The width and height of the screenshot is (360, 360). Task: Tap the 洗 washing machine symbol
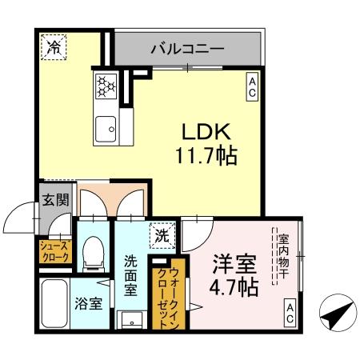(162, 236)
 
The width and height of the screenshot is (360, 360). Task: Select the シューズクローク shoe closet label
(54, 252)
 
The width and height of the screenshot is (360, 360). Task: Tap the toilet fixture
(92, 252)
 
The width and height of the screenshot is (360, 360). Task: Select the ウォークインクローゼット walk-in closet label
(178, 292)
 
